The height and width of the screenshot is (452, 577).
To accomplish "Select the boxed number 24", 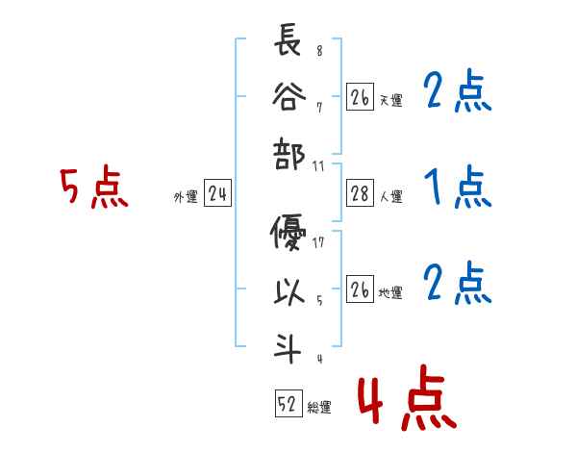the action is [x=217, y=195].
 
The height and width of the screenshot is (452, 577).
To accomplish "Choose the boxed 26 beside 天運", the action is [x=360, y=96].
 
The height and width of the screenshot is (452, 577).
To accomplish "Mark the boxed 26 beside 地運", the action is [x=360, y=290].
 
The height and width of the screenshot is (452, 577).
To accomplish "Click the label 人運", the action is [x=391, y=197].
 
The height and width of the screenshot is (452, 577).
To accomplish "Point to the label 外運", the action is [x=186, y=197].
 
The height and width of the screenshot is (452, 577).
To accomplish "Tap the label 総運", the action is [x=319, y=408].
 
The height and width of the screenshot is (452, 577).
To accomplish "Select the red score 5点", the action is [x=93, y=188].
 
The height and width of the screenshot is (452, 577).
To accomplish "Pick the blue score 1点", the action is [x=458, y=188].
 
